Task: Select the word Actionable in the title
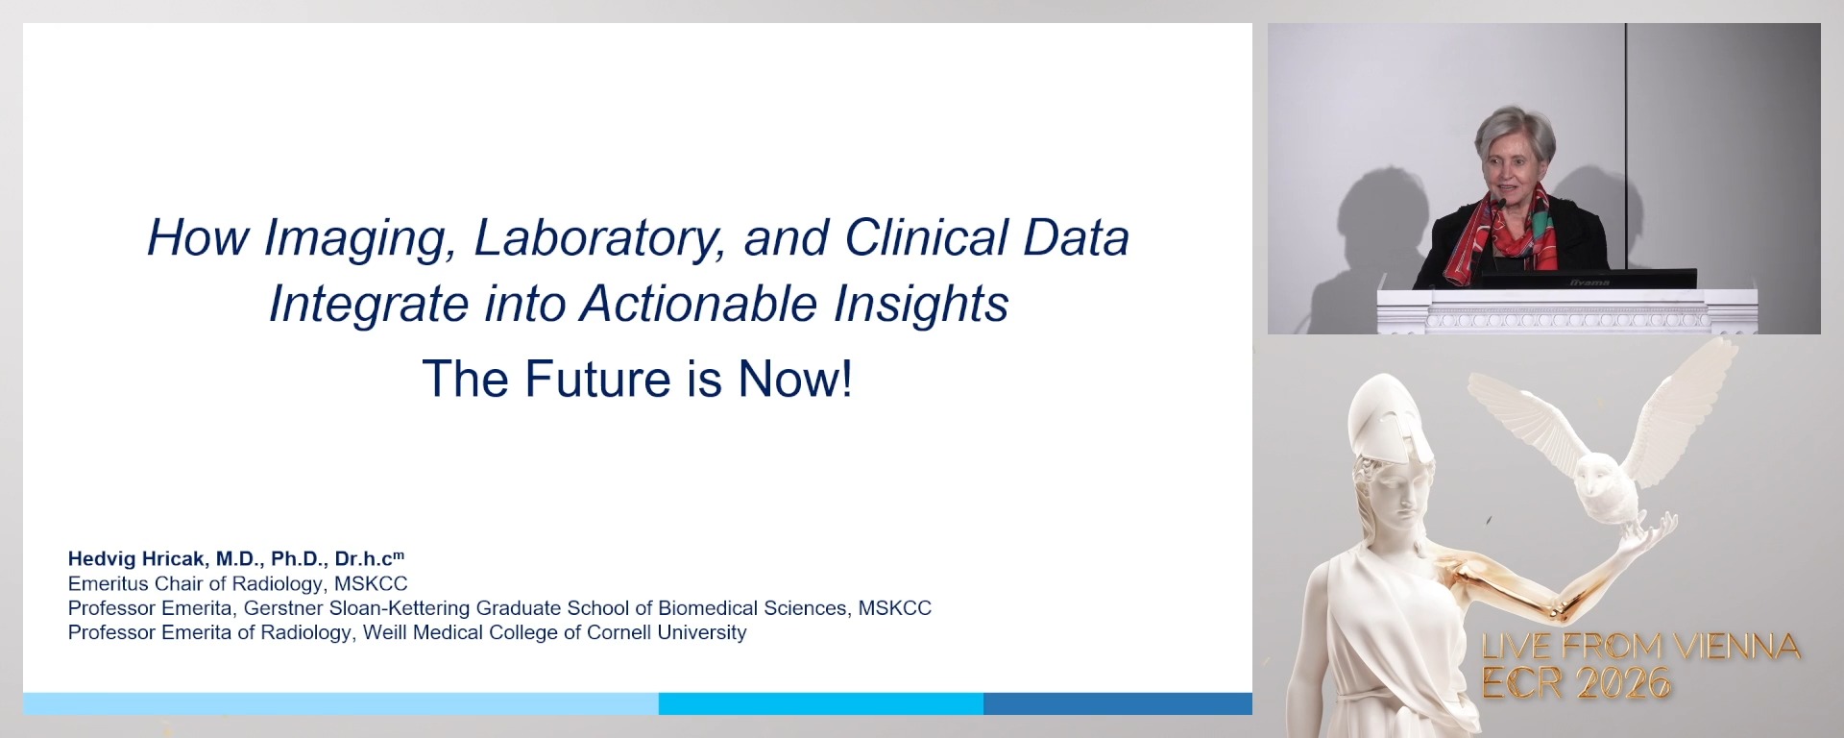697,305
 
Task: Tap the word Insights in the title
920,305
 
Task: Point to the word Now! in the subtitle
794,379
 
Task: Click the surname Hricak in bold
174,558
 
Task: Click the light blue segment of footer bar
341,703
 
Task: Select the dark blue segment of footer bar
1117,703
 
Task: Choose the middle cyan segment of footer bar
821,703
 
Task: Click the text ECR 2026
1575,683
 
